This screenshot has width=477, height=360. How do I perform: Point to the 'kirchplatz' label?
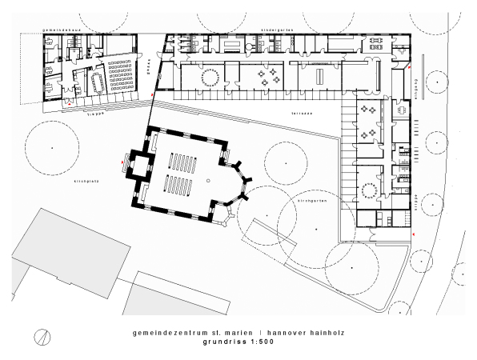pos(63,182)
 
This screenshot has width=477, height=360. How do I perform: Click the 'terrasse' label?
pos(301,114)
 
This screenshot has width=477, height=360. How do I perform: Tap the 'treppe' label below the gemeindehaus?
pos(96,114)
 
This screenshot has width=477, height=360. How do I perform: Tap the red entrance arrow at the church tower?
pos(122,162)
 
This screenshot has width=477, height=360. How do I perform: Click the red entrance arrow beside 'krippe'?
pos(414,234)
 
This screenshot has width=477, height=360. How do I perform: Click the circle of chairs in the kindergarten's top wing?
pos(210,77)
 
